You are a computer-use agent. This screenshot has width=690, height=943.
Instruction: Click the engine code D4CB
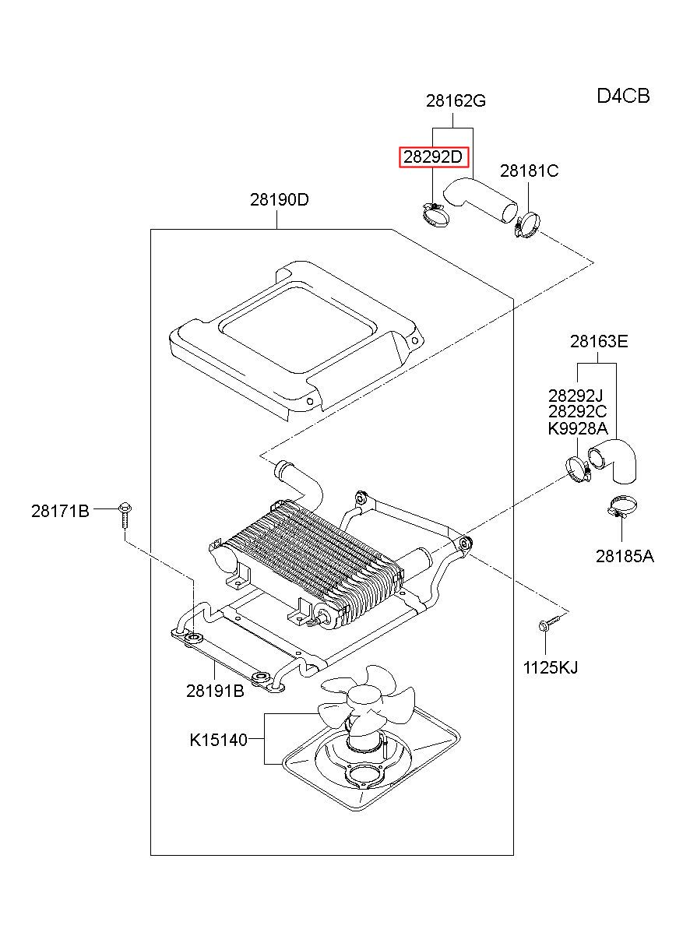pyautogui.click(x=623, y=96)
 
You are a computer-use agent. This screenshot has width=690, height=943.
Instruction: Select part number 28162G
pyautogui.click(x=456, y=101)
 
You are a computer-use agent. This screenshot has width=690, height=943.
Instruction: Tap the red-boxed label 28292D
pyautogui.click(x=433, y=157)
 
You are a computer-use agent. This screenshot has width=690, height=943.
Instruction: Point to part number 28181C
pyautogui.click(x=530, y=171)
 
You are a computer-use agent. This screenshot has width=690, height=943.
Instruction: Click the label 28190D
pyautogui.click(x=279, y=199)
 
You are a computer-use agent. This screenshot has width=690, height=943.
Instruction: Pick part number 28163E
pyautogui.click(x=599, y=341)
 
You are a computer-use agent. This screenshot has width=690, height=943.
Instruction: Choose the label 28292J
pyautogui.click(x=576, y=396)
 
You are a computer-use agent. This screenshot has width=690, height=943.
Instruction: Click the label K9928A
pyautogui.click(x=578, y=428)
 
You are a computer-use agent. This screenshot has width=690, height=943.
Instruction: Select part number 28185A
pyautogui.click(x=625, y=557)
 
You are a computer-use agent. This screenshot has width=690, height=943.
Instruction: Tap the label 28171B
pyautogui.click(x=60, y=511)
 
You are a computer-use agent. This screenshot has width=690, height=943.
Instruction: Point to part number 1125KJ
pyautogui.click(x=551, y=667)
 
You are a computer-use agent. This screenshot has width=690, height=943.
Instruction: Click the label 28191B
pyautogui.click(x=215, y=691)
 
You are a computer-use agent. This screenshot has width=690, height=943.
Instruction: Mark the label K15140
pyautogui.click(x=219, y=740)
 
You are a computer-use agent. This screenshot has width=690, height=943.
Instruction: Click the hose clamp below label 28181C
pyautogui.click(x=526, y=224)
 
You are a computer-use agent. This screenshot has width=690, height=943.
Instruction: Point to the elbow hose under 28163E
pyautogui.click(x=612, y=460)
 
